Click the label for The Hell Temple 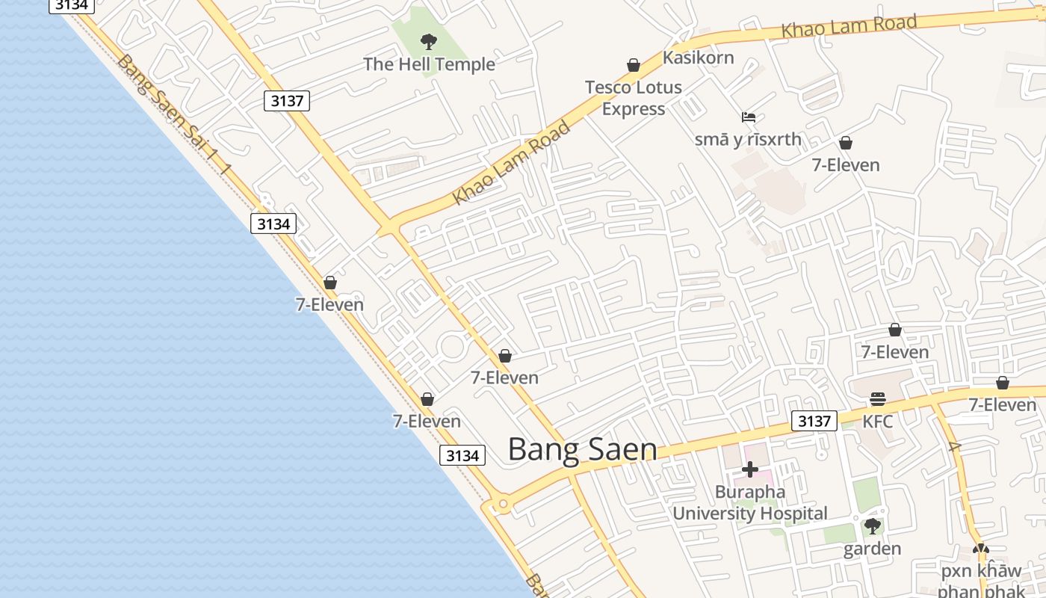click(429, 64)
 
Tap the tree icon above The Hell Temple click(428, 41)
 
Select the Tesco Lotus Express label click(633, 98)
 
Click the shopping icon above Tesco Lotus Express click(634, 65)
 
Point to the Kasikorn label click(698, 58)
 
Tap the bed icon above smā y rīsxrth click(749, 117)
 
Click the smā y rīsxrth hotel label click(747, 140)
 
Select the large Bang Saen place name click(583, 449)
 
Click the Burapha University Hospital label click(749, 503)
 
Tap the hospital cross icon click(750, 469)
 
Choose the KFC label click(877, 422)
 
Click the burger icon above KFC click(877, 398)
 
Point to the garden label click(872, 549)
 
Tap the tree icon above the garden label click(872, 526)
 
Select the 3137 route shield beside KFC click(814, 421)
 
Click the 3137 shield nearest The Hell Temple click(287, 101)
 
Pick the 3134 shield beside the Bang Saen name click(462, 455)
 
